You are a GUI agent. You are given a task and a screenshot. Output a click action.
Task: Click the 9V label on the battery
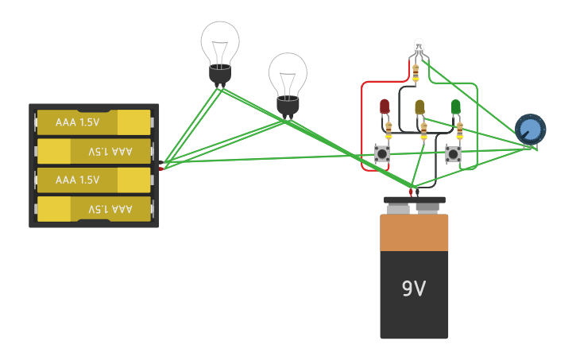(x=413, y=288)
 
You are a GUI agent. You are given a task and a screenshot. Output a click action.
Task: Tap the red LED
(x=385, y=106)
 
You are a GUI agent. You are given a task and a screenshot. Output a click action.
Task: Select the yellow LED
(x=419, y=106)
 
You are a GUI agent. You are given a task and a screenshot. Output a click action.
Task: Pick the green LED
(x=456, y=106)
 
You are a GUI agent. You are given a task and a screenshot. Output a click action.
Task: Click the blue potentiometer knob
(x=530, y=129)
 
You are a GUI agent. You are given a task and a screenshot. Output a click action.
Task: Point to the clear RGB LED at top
(x=419, y=47)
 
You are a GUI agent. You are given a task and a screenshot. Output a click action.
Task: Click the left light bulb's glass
(x=219, y=43)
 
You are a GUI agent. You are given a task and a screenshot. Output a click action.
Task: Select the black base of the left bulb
(x=219, y=75)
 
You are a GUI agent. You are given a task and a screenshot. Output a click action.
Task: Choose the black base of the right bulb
(x=288, y=105)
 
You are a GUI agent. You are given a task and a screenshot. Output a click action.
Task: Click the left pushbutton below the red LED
(x=382, y=153)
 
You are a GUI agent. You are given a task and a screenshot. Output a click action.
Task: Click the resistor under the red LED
(x=389, y=130)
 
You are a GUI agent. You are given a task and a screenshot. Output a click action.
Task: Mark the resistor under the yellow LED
(x=423, y=130)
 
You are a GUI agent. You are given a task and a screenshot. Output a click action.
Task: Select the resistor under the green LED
(x=459, y=129)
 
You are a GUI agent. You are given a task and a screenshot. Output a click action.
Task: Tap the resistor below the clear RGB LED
(x=416, y=72)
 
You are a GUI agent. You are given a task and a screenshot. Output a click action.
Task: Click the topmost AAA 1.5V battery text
(x=77, y=122)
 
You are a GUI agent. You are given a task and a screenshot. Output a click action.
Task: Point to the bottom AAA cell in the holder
(x=94, y=209)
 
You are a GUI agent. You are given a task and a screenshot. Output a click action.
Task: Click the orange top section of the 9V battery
(x=413, y=233)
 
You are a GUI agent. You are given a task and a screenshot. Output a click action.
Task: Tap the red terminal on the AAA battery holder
(x=161, y=168)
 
